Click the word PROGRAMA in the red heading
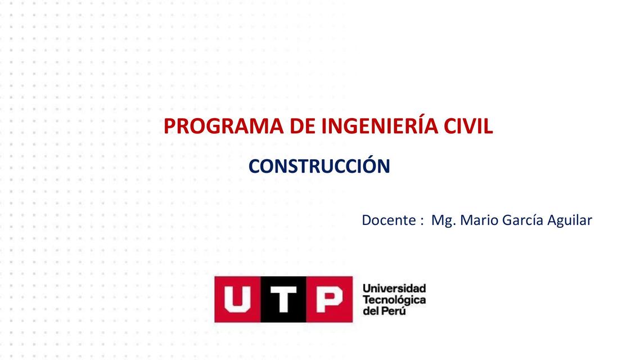tap(223, 127)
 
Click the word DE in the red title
tap(302, 127)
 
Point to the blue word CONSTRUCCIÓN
tap(319, 166)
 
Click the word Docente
tap(388, 220)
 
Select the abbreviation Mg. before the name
tap(443, 220)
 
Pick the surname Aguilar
tap(570, 220)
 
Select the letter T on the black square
tap(283, 299)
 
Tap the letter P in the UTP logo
tap(329, 299)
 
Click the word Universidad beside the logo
tap(394, 289)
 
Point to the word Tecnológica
tap(394, 300)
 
